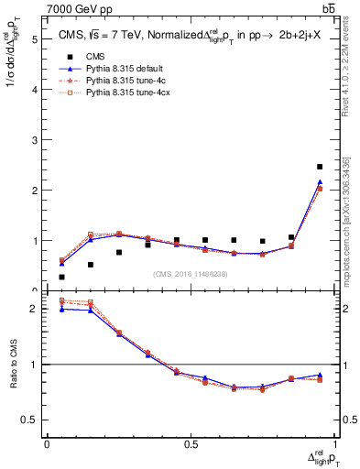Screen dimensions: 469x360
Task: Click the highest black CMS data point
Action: point(320,167)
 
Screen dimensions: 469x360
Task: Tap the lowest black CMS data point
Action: point(61,277)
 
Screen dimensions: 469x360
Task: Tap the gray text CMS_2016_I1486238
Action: point(191,273)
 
